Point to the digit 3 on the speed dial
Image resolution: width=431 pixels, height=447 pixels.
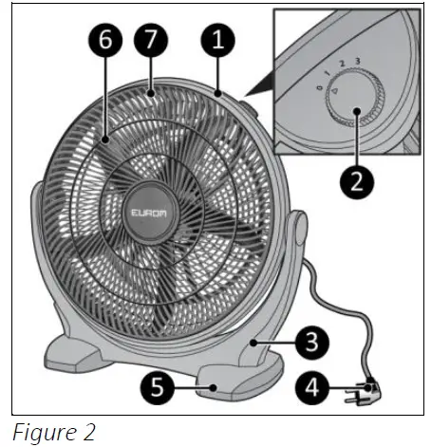[x=356, y=63]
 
